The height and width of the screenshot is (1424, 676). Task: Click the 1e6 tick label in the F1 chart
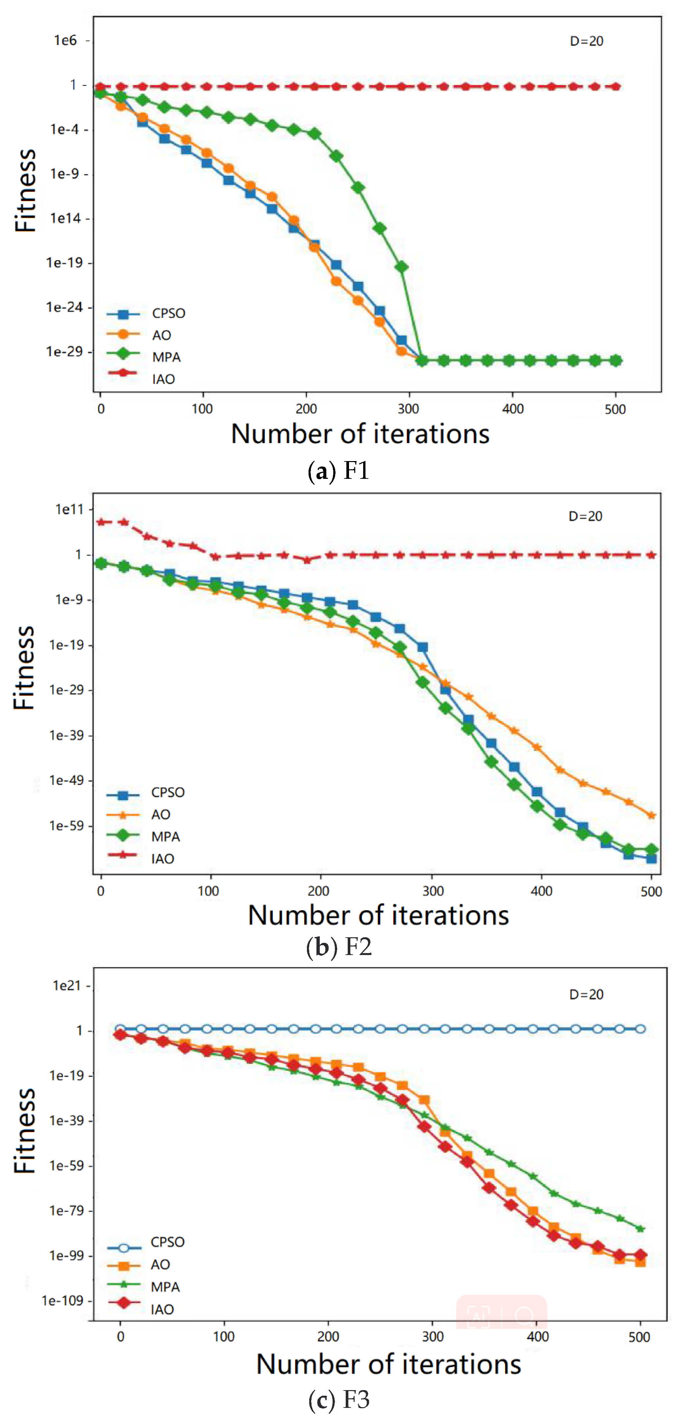click(x=66, y=40)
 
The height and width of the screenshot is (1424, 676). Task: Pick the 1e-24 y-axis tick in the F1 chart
click(x=64, y=307)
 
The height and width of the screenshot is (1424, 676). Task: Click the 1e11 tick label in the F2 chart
click(x=69, y=509)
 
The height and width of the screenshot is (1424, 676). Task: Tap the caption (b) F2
click(x=338, y=947)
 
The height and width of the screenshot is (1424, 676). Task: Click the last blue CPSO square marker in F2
click(x=651, y=859)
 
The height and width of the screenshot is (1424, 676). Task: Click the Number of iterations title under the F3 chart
click(x=388, y=1364)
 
